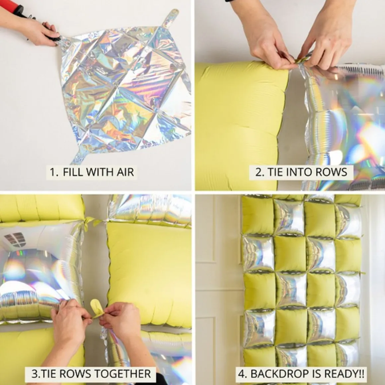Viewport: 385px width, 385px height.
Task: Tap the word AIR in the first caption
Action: (x=125, y=172)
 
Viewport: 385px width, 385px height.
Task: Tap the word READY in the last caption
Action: (x=342, y=374)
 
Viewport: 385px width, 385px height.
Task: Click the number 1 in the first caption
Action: (x=53, y=172)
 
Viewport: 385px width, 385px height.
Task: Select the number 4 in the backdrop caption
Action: (x=241, y=374)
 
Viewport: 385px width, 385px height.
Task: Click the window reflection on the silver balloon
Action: (x=15, y=239)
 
